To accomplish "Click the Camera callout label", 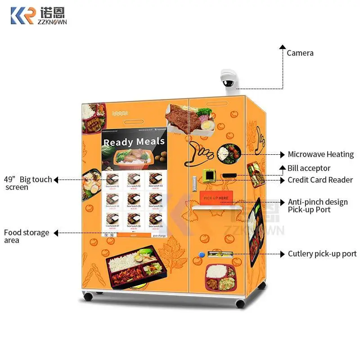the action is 300,53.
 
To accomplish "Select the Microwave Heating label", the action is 320,154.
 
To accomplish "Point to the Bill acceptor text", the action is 309,168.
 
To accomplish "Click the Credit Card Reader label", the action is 320,180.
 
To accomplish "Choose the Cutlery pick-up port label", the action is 322,254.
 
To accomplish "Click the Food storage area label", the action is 26,236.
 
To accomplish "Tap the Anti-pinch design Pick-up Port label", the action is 317,206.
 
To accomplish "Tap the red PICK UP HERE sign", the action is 216,198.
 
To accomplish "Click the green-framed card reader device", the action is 208,175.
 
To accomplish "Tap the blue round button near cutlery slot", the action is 202,255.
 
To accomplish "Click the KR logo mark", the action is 22,15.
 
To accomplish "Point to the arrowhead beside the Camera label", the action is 282,46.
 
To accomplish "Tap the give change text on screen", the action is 159,235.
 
